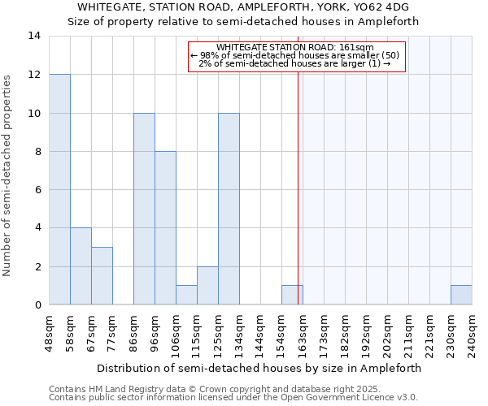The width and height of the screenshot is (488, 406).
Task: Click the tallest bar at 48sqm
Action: click(59, 189)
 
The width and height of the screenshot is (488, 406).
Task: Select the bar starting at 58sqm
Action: click(81, 266)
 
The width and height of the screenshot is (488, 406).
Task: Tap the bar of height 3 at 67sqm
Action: click(102, 276)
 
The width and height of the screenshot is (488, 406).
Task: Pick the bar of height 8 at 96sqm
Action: click(165, 228)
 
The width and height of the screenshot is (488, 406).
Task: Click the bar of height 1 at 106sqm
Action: click(186, 295)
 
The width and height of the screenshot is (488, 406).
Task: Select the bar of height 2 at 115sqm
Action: click(207, 286)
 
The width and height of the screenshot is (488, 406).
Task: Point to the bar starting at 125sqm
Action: click(229, 209)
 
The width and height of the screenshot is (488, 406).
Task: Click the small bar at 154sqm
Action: click(292, 295)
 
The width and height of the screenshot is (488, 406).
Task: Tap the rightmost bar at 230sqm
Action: click(461, 295)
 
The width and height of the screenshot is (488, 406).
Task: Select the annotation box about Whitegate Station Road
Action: click(296, 57)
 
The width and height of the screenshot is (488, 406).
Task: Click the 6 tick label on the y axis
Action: click(37, 190)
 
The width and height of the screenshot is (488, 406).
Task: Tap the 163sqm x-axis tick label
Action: click(303, 333)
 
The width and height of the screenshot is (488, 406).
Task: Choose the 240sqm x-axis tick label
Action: click(472, 333)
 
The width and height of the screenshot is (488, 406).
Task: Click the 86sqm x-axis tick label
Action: click(133, 333)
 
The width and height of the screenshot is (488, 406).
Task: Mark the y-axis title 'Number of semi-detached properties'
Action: click(8, 175)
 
